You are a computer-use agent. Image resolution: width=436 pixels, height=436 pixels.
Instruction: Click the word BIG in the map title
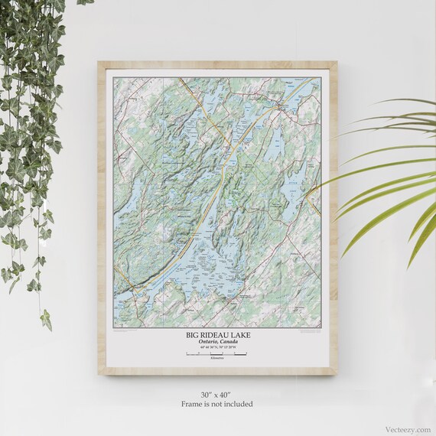coord(192,335)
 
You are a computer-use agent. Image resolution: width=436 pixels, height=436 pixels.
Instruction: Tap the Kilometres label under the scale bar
coord(217,360)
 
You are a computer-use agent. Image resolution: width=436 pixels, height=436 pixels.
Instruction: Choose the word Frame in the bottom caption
coord(193,403)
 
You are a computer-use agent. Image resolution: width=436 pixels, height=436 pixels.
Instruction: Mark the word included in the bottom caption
coord(237,403)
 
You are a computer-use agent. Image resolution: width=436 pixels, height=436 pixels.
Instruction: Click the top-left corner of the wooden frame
coord(99,63)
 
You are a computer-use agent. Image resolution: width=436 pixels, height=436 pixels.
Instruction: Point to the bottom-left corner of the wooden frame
coord(99,374)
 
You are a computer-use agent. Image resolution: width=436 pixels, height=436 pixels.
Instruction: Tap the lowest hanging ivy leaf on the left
coord(46,320)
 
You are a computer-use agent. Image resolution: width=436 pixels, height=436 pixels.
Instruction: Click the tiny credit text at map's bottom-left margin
coord(122,330)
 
